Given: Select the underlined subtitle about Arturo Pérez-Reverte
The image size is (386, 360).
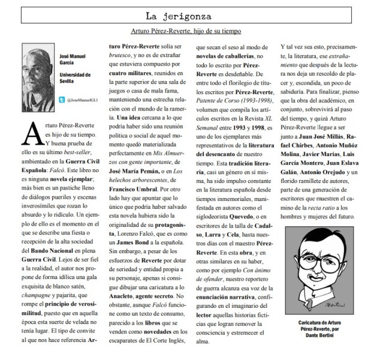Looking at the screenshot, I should (192, 31).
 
